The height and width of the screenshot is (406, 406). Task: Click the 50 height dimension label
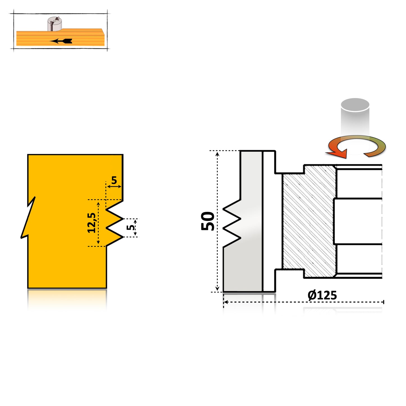(208, 221)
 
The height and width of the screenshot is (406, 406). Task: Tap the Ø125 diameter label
(322, 295)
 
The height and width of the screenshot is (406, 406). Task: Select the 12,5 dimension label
(92, 223)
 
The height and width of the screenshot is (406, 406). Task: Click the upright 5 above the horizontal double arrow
(114, 180)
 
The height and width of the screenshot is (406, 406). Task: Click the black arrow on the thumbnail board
(61, 41)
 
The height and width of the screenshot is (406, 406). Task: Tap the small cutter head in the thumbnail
(55, 24)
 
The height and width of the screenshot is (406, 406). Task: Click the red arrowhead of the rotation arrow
(339, 154)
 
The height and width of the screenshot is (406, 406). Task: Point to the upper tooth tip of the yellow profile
(123, 219)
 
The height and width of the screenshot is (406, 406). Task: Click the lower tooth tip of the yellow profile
(123, 237)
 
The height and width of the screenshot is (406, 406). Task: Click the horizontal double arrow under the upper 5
(114, 186)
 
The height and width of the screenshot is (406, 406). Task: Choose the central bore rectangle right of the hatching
(357, 221)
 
